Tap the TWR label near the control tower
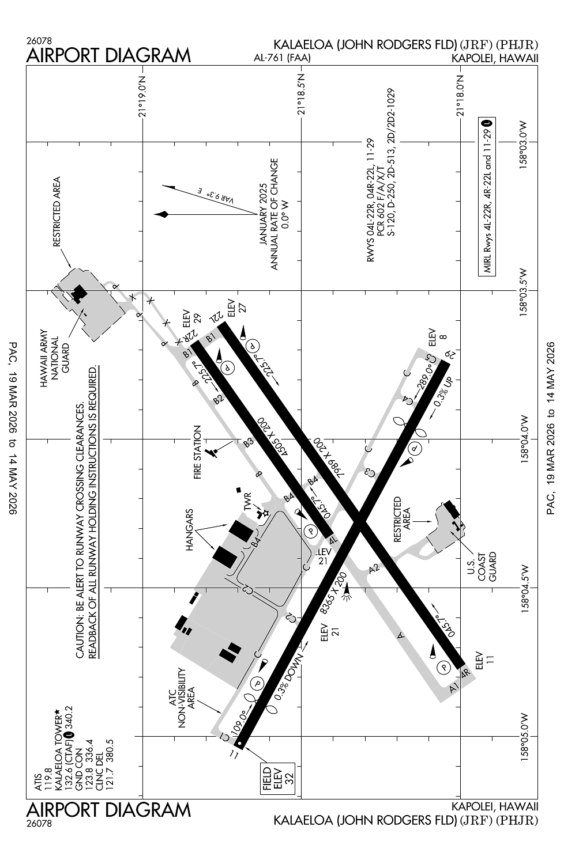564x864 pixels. [248, 502]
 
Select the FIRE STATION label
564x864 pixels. [197, 452]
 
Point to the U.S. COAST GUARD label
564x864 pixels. [482, 567]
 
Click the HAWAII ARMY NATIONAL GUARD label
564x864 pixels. [55, 358]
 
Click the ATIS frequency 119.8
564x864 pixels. [43, 780]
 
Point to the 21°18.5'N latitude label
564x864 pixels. [301, 94]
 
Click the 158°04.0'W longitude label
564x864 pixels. [524, 439]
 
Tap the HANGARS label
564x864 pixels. [189, 529]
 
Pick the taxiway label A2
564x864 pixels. [374, 569]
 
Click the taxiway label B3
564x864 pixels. [249, 442]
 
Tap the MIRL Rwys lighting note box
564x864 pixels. [487, 197]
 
